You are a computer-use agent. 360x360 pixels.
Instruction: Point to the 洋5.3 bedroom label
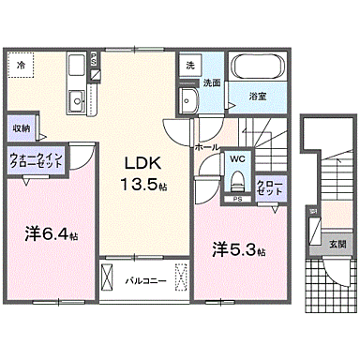tap(239, 250)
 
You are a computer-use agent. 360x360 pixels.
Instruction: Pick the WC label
tap(237, 157)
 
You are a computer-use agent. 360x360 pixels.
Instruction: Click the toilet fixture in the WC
tap(238, 179)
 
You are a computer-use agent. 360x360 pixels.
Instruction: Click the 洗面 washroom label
tap(212, 82)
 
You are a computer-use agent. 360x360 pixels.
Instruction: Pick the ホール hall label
tap(207, 147)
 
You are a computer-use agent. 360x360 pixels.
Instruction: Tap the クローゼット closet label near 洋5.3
tap(267, 187)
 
